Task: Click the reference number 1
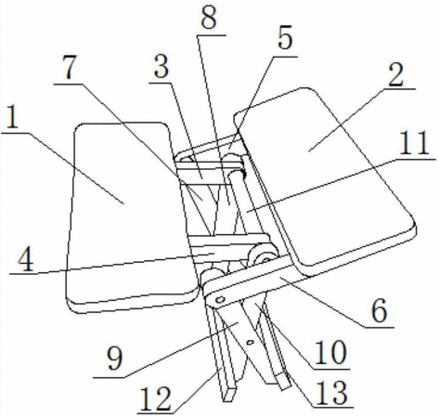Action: pyautogui.click(x=13, y=117)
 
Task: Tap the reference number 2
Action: pyautogui.click(x=396, y=74)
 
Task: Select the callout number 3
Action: pyautogui.click(x=161, y=67)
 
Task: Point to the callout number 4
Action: pyautogui.click(x=25, y=260)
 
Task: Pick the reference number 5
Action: pyautogui.click(x=285, y=37)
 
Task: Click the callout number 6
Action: pyautogui.click(x=379, y=310)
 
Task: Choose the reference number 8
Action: pyautogui.click(x=208, y=18)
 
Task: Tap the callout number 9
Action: pyautogui.click(x=114, y=359)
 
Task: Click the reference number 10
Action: pyautogui.click(x=330, y=352)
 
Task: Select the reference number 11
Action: pyautogui.click(x=414, y=143)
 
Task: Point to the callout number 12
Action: pyautogui.click(x=155, y=398)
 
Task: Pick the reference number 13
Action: pyautogui.click(x=331, y=393)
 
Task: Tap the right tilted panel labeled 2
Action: pyautogui.click(x=325, y=179)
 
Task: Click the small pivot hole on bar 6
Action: pyautogui.click(x=220, y=299)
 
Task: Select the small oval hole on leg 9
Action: pyautogui.click(x=250, y=343)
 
